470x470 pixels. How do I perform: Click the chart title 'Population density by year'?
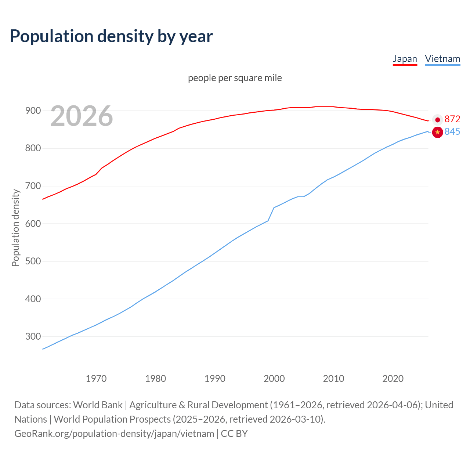coord(111,36)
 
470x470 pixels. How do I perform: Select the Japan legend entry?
coord(405,59)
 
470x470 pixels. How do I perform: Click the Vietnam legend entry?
coord(442,59)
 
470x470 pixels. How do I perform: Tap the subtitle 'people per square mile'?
coord(235,78)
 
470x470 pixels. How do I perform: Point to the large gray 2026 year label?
coord(82,116)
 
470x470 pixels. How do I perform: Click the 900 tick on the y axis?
coord(33,111)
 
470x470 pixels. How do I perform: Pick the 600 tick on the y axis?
coord(33,224)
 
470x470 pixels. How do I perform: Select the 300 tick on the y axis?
coord(33,336)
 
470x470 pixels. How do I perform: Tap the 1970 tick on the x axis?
coord(96,378)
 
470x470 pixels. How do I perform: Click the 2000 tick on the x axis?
coord(274,378)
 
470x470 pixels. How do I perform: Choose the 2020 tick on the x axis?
coord(393,378)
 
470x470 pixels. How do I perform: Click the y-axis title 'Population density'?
coord(15,228)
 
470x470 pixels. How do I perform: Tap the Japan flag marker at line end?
coord(437,119)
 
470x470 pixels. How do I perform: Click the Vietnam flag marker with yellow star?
coord(437,132)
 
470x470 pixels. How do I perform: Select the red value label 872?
coord(452,119)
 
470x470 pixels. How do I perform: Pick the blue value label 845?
coord(452,131)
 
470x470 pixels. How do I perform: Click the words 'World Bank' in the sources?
coord(98,405)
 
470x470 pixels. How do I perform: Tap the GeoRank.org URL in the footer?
coord(114,433)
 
